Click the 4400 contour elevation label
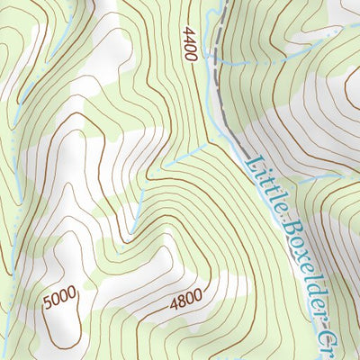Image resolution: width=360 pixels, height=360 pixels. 188,44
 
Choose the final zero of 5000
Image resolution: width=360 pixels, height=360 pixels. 73,292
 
